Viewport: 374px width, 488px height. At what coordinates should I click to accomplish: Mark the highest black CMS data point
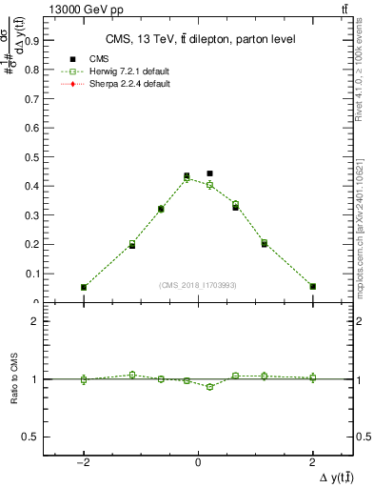(209, 173)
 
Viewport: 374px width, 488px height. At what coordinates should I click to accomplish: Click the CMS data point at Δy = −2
(84, 287)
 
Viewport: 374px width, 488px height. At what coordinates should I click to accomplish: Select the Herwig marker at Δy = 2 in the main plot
(312, 286)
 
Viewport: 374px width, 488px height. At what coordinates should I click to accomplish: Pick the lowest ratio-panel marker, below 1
(209, 387)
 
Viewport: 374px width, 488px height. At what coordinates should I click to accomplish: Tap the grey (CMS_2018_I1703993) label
(198, 285)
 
